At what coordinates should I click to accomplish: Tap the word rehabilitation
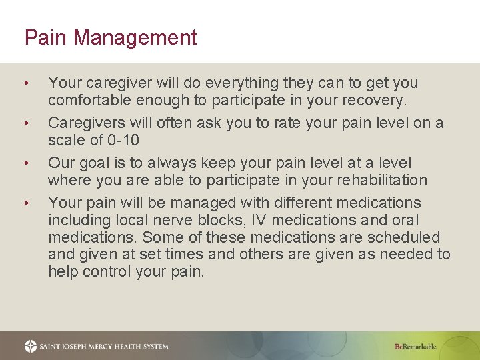coord(377,181)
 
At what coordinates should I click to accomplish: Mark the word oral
coord(406,221)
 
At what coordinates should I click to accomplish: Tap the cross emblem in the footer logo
coord(31,346)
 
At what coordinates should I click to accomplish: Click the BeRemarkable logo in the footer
coord(415,346)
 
